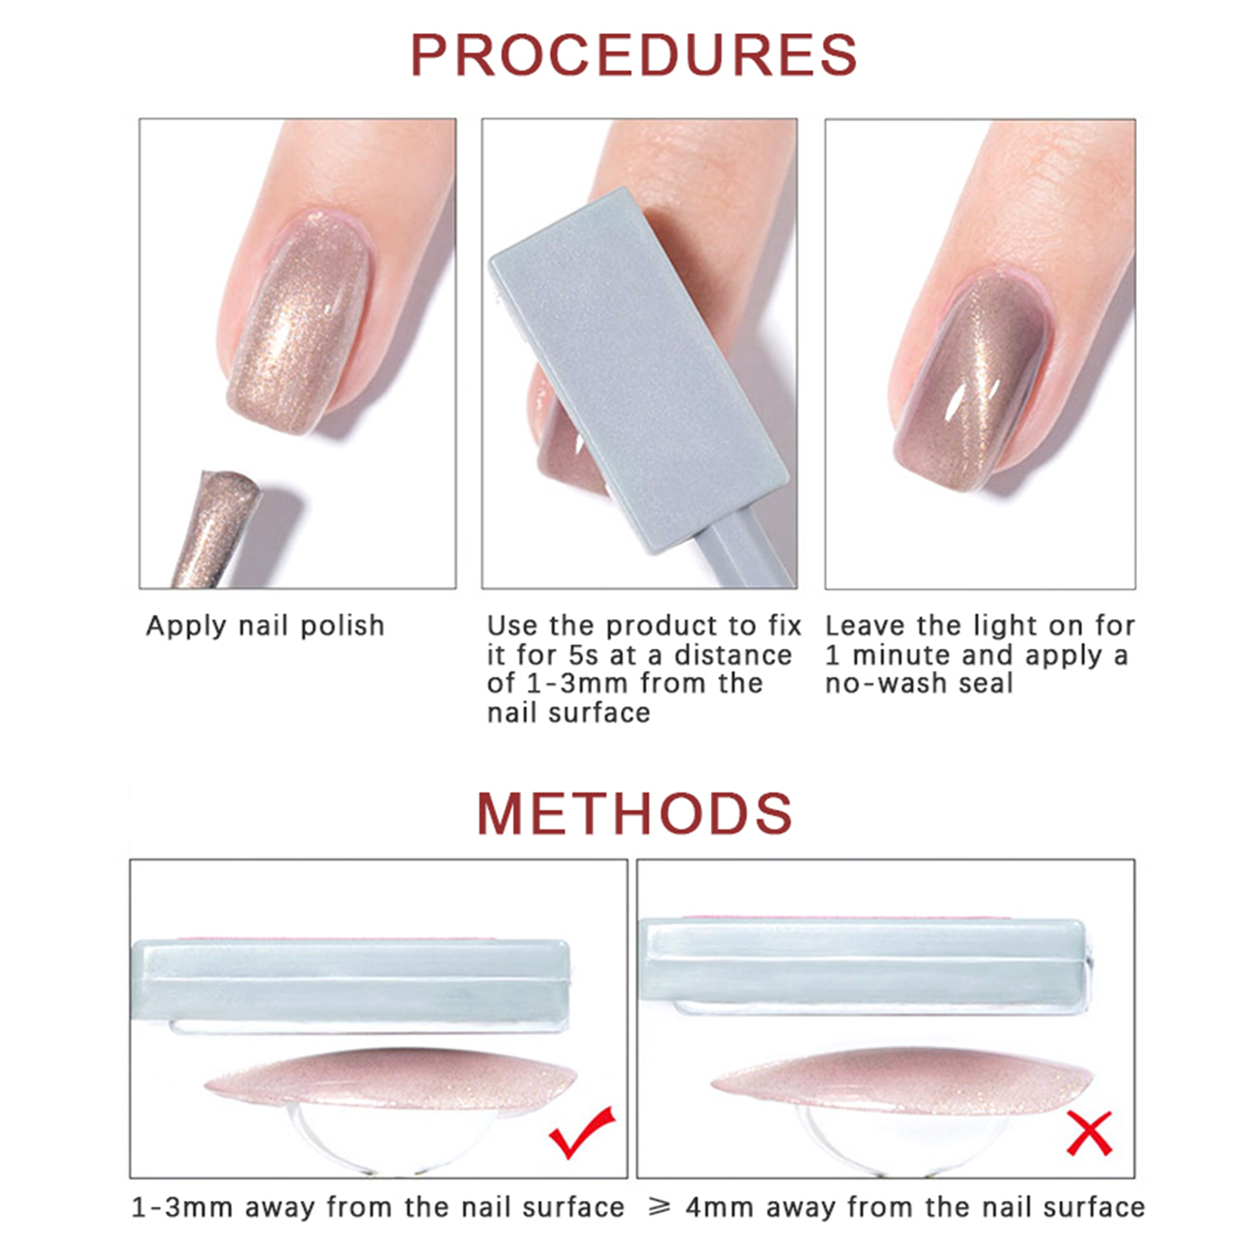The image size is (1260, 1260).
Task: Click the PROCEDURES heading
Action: pyautogui.click(x=633, y=55)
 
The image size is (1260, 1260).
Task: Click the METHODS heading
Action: pyautogui.click(x=634, y=813)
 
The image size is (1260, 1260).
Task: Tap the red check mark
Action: pyautogui.click(x=581, y=1132)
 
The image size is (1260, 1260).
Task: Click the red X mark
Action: pyautogui.click(x=1089, y=1133)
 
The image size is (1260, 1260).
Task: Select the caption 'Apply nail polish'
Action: pyautogui.click(x=265, y=626)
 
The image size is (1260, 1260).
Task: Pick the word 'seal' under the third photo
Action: pyautogui.click(x=985, y=684)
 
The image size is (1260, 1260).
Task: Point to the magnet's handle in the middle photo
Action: pyautogui.click(x=744, y=551)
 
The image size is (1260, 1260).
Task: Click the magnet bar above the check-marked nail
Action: pyautogui.click(x=350, y=980)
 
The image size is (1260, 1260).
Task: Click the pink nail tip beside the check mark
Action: pyautogui.click(x=390, y=1079)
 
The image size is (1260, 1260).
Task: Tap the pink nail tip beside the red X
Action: pyautogui.click(x=902, y=1077)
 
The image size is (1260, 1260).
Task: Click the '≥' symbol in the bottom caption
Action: pyautogui.click(x=659, y=1207)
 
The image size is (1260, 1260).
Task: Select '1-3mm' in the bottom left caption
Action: pyautogui.click(x=182, y=1207)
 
